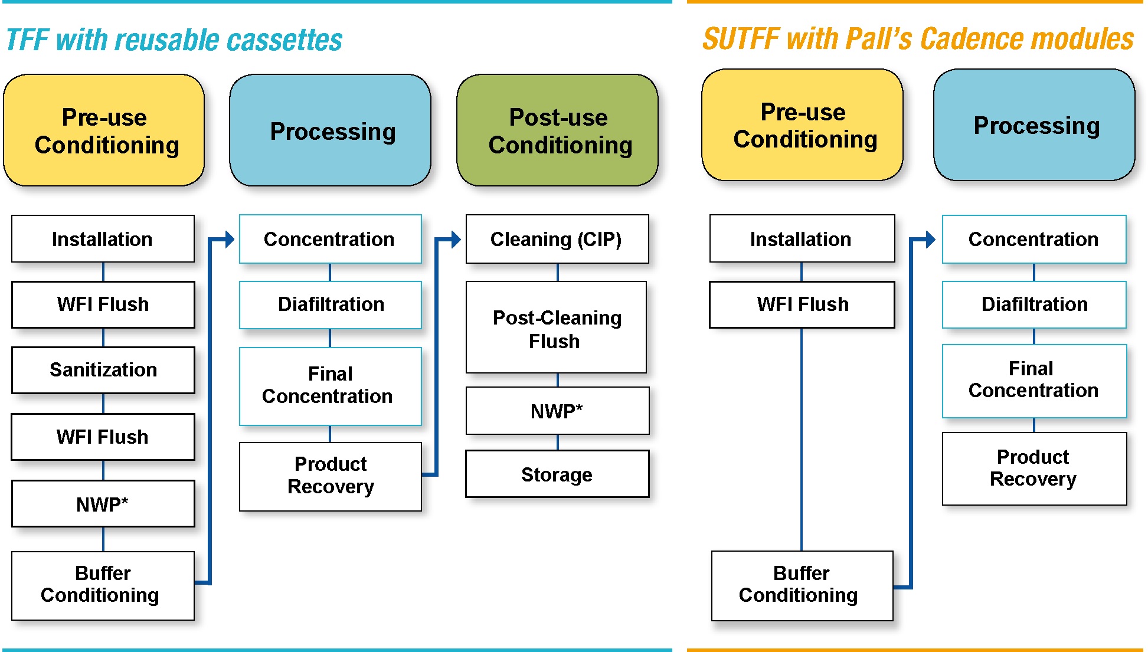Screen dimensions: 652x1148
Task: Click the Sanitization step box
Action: tap(103, 370)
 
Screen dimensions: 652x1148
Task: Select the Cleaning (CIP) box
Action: tap(557, 239)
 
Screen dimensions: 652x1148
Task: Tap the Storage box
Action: tap(557, 474)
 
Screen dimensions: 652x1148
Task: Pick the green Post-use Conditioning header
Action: tap(558, 130)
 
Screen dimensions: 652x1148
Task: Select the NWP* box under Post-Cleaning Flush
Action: tap(557, 411)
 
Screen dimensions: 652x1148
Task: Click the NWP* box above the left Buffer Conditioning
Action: tap(103, 504)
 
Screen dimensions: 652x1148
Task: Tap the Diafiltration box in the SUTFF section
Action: tap(1034, 304)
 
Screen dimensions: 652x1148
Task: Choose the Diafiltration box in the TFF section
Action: tap(331, 304)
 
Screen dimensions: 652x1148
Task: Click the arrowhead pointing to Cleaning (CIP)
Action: tap(455, 240)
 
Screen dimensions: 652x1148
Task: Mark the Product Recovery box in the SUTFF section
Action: tap(1034, 468)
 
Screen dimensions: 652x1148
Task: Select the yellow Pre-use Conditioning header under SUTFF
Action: tap(803, 125)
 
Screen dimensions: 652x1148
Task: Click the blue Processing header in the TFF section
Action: tap(331, 130)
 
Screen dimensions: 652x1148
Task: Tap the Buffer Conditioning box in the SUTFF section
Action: tap(802, 585)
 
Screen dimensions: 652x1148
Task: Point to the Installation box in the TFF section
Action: tap(103, 239)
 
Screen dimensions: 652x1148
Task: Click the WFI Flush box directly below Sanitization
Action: tap(103, 437)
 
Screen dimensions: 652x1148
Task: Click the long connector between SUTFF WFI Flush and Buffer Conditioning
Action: tap(802, 440)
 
